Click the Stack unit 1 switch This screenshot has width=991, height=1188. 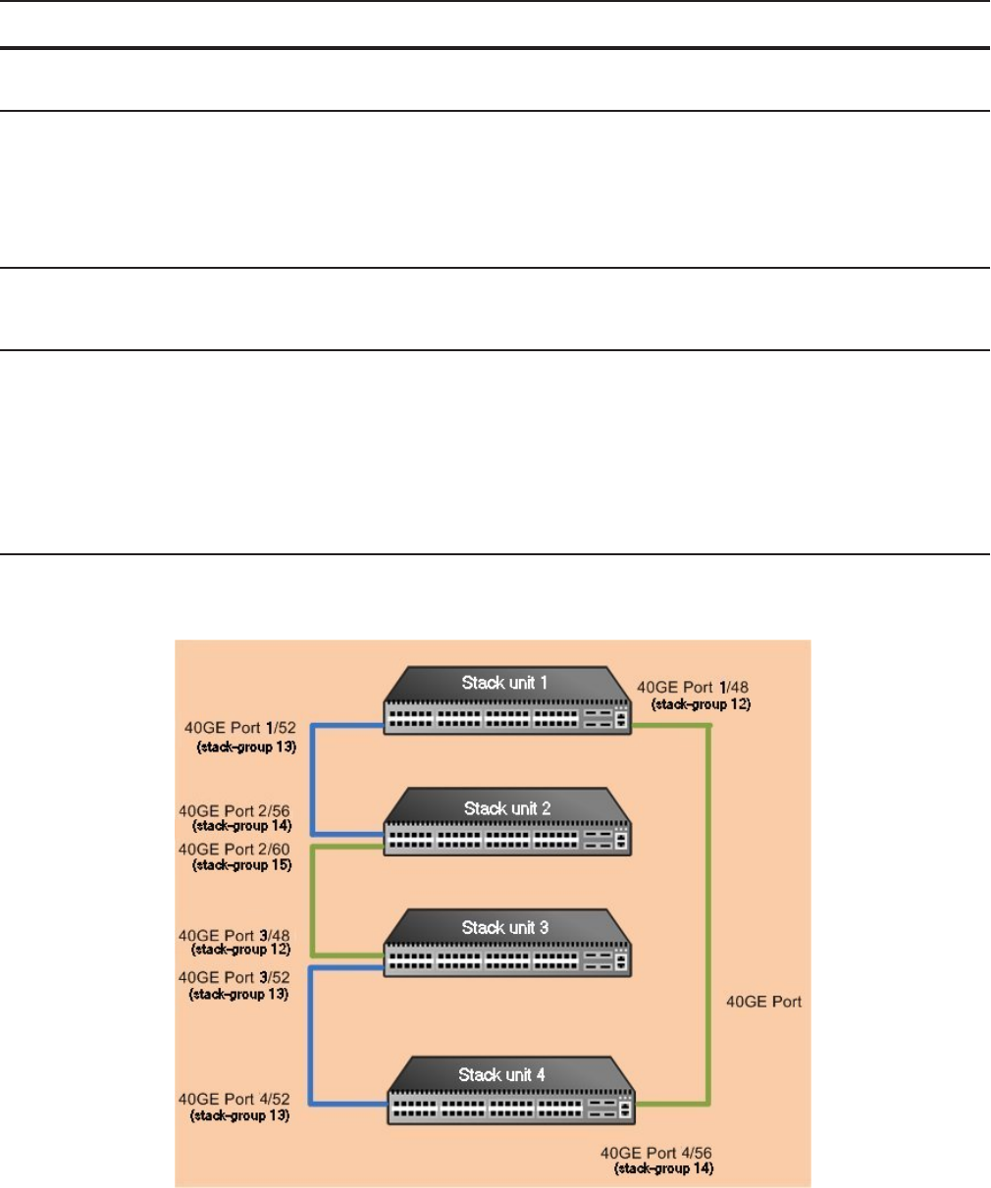[x=506, y=700]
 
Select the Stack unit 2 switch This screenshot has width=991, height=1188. [x=506, y=824]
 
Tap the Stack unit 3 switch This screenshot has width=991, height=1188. [x=506, y=945]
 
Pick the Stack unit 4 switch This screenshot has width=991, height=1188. [x=510, y=1091]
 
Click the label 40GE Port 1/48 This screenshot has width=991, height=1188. [x=693, y=688]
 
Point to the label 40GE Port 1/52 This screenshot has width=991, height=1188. [x=239, y=728]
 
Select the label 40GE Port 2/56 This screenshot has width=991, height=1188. [x=234, y=811]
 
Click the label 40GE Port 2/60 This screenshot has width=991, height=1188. [x=234, y=850]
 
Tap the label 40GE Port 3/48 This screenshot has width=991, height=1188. [x=234, y=936]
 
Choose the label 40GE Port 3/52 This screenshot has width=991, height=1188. [x=234, y=977]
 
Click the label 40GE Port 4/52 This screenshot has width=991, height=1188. [x=234, y=1100]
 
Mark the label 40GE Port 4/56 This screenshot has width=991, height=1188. [x=656, y=1153]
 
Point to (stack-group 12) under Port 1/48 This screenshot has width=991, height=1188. [x=701, y=704]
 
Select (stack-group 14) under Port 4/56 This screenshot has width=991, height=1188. [x=663, y=1168]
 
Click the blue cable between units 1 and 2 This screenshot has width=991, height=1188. [x=312, y=780]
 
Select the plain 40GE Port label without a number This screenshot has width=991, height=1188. [x=763, y=1002]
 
